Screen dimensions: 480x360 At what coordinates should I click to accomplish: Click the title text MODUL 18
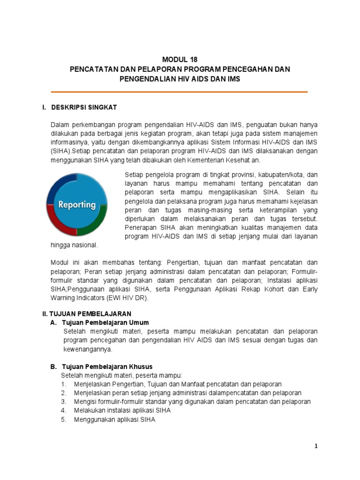[x=180, y=60]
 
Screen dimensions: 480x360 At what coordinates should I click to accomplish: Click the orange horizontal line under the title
[x=180, y=92]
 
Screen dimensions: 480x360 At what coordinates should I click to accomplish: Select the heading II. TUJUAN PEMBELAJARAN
[x=87, y=314]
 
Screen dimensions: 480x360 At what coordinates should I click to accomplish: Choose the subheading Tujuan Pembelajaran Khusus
[x=108, y=366]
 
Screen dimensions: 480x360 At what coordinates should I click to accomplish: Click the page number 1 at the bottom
[x=316, y=446]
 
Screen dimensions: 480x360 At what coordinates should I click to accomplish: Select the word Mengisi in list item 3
[x=85, y=402]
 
